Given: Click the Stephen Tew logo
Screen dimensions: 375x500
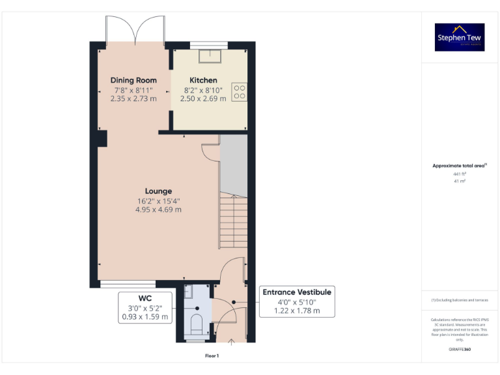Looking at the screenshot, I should [460, 37].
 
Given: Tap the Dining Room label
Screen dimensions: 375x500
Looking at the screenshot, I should [133, 80].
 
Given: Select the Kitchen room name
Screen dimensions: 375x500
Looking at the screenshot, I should [203, 80].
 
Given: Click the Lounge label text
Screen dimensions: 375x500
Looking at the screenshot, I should [158, 191].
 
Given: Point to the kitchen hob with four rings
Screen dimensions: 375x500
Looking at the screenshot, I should [238, 92].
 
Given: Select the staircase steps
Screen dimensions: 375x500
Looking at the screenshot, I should [233, 221].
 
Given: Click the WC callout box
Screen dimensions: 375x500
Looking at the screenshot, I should [145, 307].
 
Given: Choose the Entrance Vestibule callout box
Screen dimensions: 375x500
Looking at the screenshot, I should [297, 301].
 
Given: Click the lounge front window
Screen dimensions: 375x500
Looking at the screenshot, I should [128, 284].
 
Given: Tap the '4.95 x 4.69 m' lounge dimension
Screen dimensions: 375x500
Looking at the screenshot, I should [158, 210].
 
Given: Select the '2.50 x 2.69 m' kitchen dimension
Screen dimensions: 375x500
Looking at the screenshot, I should [203, 98].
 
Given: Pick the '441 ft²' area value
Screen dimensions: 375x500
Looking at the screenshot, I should [460, 174].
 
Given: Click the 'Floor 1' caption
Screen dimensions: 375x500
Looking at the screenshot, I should [212, 355].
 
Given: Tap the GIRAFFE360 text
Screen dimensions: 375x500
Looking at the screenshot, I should [460, 350].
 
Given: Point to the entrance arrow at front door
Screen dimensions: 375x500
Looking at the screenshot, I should [234, 341].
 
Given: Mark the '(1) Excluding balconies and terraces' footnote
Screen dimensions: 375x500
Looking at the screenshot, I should [460, 300].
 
